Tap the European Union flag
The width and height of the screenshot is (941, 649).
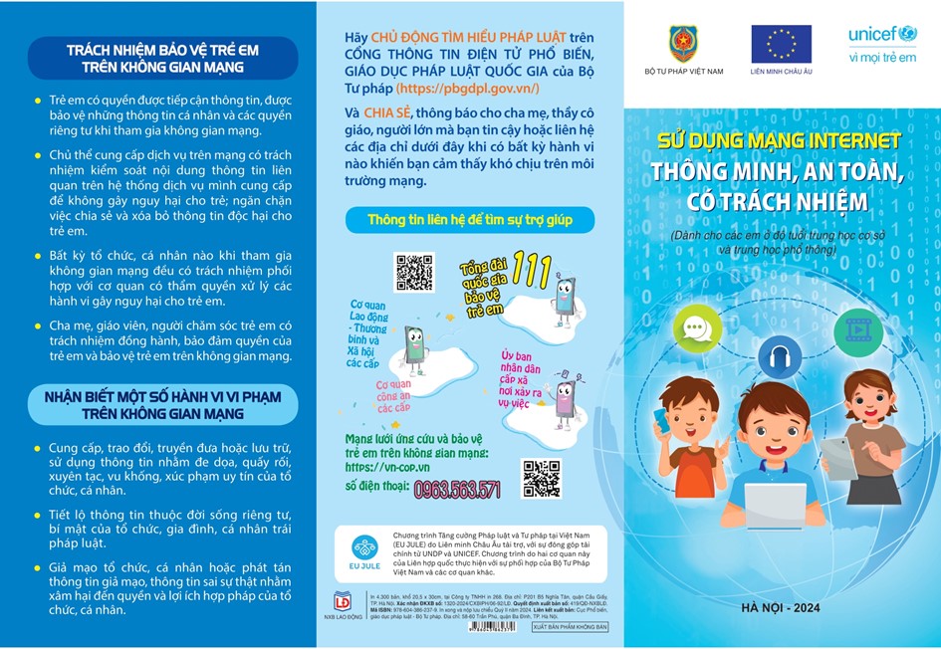(781, 44)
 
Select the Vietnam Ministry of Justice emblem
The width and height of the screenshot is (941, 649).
(682, 45)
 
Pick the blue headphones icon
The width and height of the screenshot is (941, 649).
(779, 354)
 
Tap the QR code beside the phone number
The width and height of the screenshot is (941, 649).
(541, 479)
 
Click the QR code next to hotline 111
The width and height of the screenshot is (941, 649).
(414, 273)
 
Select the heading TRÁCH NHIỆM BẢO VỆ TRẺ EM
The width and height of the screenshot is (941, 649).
(162, 58)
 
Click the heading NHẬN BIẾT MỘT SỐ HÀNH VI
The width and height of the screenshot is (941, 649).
(162, 407)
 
